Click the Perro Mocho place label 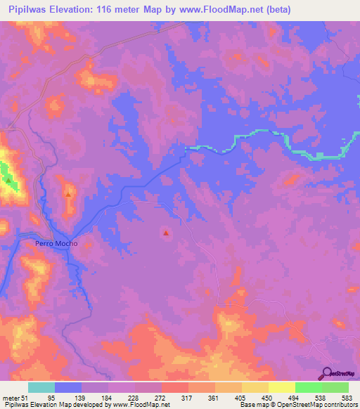pyautogui.click(x=55, y=244)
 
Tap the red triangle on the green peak pyautogui.click(x=8, y=180)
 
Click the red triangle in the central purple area pyautogui.click(x=166, y=233)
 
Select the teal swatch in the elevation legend pyautogui.click(x=41, y=387)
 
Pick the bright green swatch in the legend pyautogui.click(x=309, y=387)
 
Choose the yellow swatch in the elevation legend pyautogui.click(x=281, y=387)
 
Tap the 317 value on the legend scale pyautogui.click(x=188, y=397)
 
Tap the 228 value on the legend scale pyautogui.click(x=135, y=397)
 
